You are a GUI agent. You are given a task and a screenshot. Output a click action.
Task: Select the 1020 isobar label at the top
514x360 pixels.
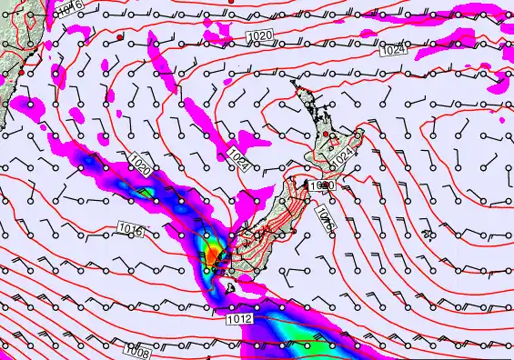click(259, 35)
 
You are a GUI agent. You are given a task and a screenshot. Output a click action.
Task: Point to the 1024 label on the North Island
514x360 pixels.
click(341, 157)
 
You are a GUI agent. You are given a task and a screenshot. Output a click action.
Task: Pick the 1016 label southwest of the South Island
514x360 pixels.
click(130, 229)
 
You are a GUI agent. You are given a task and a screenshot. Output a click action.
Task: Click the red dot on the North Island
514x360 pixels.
click(327, 134)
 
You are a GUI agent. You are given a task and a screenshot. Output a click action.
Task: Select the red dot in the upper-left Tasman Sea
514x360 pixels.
click(120, 36)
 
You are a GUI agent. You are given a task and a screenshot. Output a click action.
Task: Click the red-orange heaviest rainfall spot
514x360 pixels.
click(212, 257)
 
